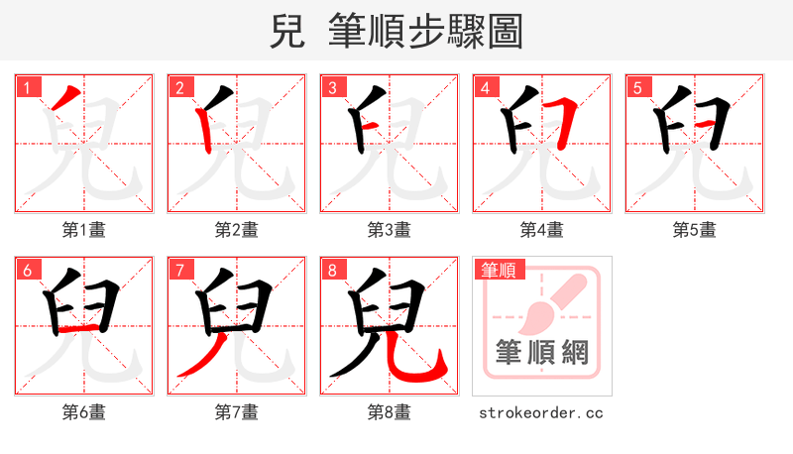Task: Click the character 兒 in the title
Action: pyautogui.click(x=286, y=33)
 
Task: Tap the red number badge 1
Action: pyautogui.click(x=27, y=88)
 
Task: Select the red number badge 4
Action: pyautogui.click(x=485, y=88)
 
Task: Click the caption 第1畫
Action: pyautogui.click(x=84, y=230)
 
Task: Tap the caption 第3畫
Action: pyautogui.click(x=390, y=230)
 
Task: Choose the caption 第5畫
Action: pyautogui.click(x=695, y=230)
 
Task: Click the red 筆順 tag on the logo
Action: pyautogui.click(x=501, y=270)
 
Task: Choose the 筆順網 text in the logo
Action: pyautogui.click(x=541, y=352)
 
